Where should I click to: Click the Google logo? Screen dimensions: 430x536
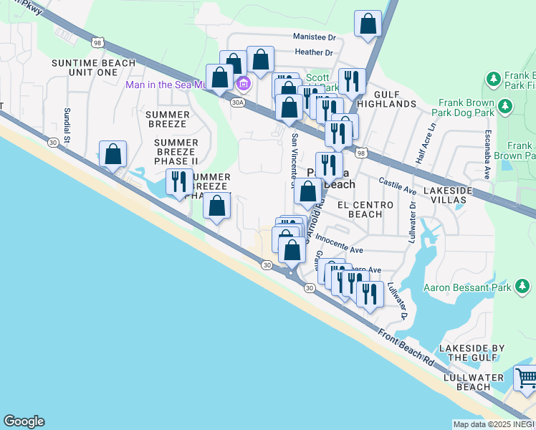coord(24,421)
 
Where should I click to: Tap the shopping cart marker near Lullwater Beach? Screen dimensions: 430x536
coord(527,377)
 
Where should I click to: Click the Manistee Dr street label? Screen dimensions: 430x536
coord(315,37)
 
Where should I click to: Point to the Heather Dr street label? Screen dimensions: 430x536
coord(315,52)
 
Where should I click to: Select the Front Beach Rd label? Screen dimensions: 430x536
coord(406,349)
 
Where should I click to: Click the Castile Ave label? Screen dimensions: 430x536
coord(398,186)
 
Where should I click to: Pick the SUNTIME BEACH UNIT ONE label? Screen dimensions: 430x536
coord(94,67)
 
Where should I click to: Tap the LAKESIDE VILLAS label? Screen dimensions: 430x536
coord(448,196)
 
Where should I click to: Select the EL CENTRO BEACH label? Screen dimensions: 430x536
coord(370,209)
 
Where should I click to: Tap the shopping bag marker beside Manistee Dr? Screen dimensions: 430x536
coord(368,24)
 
